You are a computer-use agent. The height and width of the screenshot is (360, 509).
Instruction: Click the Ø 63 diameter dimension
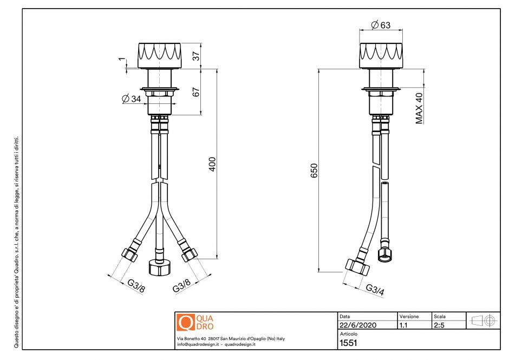pyautogui.click(x=381, y=25)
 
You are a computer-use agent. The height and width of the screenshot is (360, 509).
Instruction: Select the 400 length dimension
pyautogui.click(x=213, y=164)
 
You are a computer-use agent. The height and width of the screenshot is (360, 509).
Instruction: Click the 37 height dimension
pyautogui.click(x=197, y=55)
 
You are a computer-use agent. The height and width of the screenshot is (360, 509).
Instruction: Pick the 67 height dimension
pyautogui.click(x=197, y=91)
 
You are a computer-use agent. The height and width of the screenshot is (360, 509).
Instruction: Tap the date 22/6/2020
pyautogui.click(x=358, y=325)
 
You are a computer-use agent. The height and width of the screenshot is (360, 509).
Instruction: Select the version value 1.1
pyautogui.click(x=403, y=325)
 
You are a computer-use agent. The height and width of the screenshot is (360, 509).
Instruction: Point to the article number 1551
pyautogui.click(x=348, y=343)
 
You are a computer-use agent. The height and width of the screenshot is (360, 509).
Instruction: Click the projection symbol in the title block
pyautogui.click(x=482, y=320)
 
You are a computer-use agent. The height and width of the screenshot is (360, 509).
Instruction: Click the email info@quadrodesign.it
pyautogui.click(x=198, y=344)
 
